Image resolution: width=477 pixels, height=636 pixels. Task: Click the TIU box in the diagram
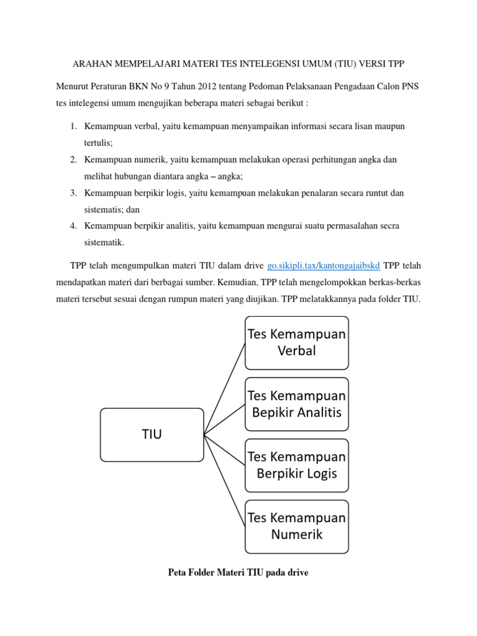point(152,435)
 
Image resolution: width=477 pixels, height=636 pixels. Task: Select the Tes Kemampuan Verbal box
point(297,342)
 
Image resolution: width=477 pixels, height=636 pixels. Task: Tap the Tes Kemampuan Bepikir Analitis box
point(297,404)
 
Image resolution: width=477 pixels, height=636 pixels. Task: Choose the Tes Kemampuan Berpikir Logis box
point(297,465)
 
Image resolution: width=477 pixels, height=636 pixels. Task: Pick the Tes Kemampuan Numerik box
point(297,525)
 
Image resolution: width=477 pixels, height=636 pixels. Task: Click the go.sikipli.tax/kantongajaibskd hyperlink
point(324,266)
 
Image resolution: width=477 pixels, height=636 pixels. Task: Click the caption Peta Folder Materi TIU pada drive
point(238,573)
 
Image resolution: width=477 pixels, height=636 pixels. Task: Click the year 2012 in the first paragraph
point(210,86)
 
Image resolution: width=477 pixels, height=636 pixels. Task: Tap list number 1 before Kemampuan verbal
point(73,127)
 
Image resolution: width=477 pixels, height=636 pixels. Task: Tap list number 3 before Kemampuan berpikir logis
point(73,194)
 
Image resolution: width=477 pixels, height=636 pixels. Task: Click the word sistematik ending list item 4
point(104,243)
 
